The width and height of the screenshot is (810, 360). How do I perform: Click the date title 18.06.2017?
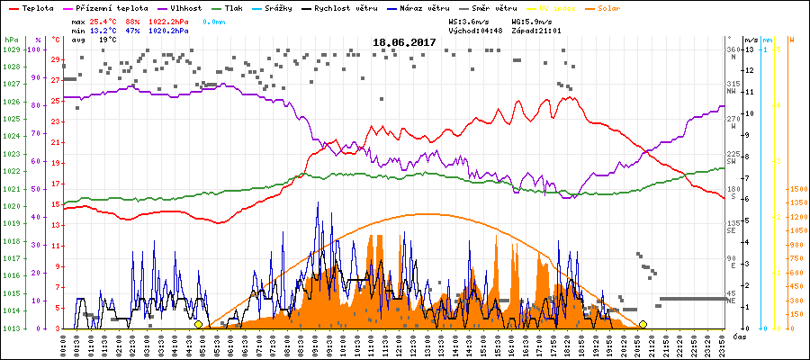tap(404, 42)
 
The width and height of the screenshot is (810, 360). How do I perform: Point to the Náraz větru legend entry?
tap(427, 7)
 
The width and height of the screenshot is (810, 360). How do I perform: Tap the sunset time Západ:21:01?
tap(535, 30)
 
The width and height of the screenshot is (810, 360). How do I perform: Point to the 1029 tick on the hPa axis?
tap(11, 49)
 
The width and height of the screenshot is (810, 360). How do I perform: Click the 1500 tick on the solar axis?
tap(795, 190)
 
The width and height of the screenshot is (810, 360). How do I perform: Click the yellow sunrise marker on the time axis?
tap(198, 324)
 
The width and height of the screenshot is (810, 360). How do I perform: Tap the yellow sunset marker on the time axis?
tap(643, 324)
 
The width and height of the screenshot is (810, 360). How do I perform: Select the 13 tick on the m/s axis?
tap(751, 49)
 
